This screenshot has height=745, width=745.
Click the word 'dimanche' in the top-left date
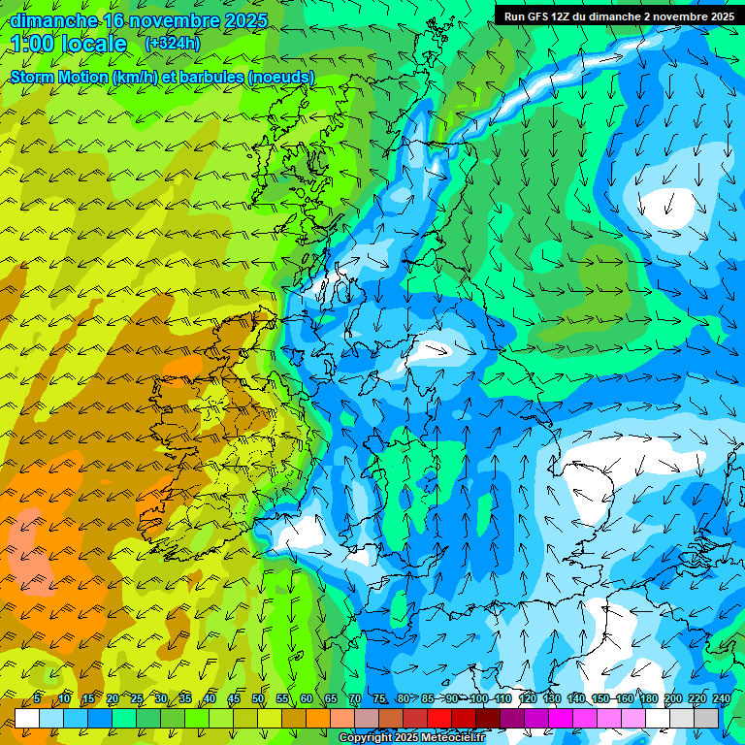[x=54, y=20]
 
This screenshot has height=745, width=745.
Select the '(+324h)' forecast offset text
[x=173, y=44]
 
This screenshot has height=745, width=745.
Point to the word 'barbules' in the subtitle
[x=210, y=77]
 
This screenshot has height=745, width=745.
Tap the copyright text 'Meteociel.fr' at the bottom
[x=446, y=738]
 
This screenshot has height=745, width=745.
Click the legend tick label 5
[x=37, y=698]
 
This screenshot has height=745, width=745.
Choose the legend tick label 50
[x=258, y=698]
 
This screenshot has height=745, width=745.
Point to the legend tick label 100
[x=479, y=698]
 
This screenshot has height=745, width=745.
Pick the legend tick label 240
[x=722, y=698]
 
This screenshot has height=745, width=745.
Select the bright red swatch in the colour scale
[x=440, y=718]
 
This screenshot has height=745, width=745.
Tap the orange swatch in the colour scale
[x=318, y=718]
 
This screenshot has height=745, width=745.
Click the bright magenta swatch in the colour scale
[x=562, y=718]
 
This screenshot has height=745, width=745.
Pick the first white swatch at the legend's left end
[x=27, y=718]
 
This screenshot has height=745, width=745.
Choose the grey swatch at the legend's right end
[x=708, y=718]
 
